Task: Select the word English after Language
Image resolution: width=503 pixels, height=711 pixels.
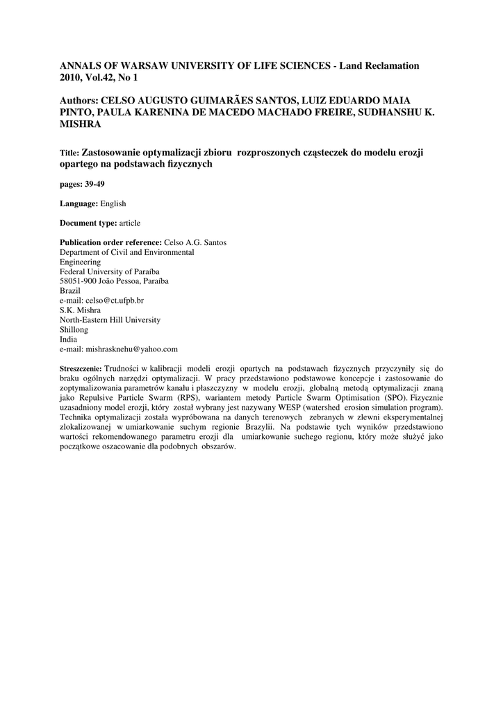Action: coord(113,203)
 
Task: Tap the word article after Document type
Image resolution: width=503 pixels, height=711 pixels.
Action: coord(130,223)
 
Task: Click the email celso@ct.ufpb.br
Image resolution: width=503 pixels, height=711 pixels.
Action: coord(115,300)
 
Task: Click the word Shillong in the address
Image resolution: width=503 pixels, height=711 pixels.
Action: coord(74,330)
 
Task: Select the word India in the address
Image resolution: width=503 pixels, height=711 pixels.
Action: coord(69,340)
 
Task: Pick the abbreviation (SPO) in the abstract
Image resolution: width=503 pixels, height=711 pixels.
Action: coord(393,397)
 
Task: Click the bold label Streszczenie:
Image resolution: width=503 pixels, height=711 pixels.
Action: coord(81,367)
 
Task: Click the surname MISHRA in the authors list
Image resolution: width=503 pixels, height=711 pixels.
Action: coord(82,124)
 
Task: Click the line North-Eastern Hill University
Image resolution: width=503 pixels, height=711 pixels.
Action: coord(110,320)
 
